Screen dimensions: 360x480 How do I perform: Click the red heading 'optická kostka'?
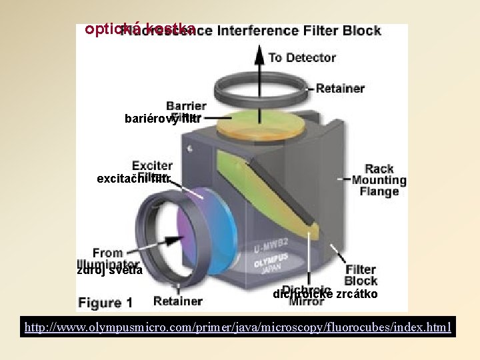pos(139,29)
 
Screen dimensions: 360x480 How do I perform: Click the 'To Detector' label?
pos(301,58)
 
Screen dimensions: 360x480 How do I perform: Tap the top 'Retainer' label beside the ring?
pos(340,88)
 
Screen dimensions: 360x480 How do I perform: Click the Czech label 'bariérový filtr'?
pos(162,119)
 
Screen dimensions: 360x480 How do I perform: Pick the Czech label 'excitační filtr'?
pos(134,178)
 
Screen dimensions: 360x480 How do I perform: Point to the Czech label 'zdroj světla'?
pos(109,270)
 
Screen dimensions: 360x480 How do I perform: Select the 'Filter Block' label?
pos(361,275)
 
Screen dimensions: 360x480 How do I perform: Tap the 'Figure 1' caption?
pos(105,303)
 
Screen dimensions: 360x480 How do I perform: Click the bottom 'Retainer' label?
pos(177,301)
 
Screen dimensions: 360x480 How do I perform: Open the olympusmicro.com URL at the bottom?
pos(238,327)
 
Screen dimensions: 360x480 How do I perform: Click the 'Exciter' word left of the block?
pos(152,166)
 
